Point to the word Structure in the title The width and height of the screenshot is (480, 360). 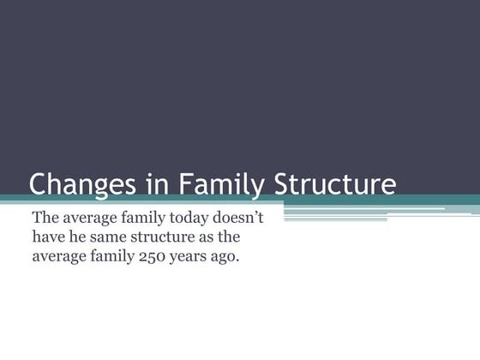pyautogui.click(x=335, y=184)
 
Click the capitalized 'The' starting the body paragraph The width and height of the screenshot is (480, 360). pyautogui.click(x=45, y=217)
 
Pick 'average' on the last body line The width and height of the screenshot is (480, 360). pyautogui.click(x=60, y=255)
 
